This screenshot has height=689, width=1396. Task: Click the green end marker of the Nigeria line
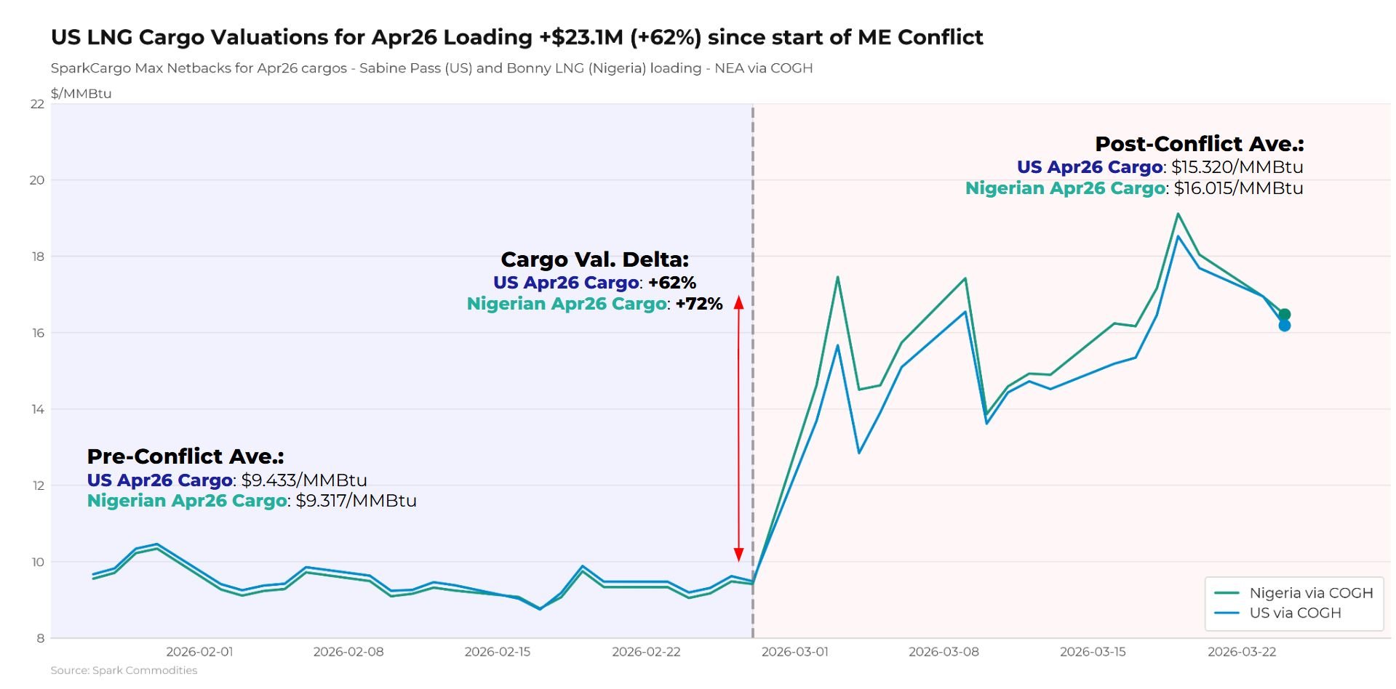coord(1284,315)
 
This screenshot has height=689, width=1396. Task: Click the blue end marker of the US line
coord(1284,326)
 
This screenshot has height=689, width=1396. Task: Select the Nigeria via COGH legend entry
coord(1310,593)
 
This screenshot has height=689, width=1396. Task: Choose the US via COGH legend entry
coord(1294,613)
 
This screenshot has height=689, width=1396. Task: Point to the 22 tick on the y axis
coord(37,104)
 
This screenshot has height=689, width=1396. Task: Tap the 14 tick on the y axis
coord(37,409)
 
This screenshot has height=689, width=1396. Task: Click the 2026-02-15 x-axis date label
coord(498,652)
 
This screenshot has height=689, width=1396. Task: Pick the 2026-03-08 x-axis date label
coord(944,652)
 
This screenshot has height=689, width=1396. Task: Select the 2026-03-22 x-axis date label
coord(1242,652)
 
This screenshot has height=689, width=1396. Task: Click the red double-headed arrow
coord(738,429)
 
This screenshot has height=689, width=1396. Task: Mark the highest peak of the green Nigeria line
coord(1178,214)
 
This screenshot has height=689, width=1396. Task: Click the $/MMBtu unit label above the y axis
coord(81,94)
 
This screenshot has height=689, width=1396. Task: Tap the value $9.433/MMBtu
coord(304,480)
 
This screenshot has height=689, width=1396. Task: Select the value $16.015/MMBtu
coord(1238,188)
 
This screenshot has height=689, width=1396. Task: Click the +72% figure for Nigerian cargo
coord(699,304)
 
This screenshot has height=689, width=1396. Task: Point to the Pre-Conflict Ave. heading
coord(186,456)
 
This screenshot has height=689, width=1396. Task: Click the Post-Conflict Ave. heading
coord(1199,144)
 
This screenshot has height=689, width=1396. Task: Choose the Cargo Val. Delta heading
coord(594,259)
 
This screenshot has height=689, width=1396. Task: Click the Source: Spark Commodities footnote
coord(124,670)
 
